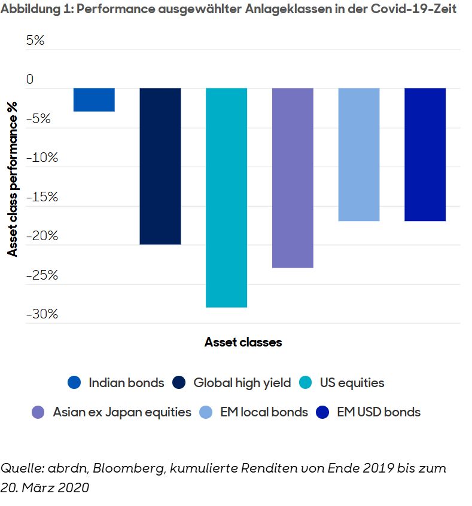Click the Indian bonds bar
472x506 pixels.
[x=94, y=99]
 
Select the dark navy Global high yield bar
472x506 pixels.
[x=160, y=166]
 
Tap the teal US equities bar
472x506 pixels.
[x=227, y=197]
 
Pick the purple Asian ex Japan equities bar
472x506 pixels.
[x=293, y=177]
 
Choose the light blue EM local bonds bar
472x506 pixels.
[x=359, y=154]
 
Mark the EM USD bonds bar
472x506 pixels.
[x=425, y=154]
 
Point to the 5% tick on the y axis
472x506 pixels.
[x=35, y=41]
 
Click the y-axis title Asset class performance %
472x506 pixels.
[x=13, y=179]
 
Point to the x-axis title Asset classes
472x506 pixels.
[x=243, y=342]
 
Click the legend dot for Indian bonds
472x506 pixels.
[x=74, y=383]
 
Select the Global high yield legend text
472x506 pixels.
[x=242, y=383]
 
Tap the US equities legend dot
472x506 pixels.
[x=305, y=383]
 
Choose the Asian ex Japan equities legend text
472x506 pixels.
[x=121, y=412]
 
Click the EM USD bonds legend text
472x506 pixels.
[x=378, y=412]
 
